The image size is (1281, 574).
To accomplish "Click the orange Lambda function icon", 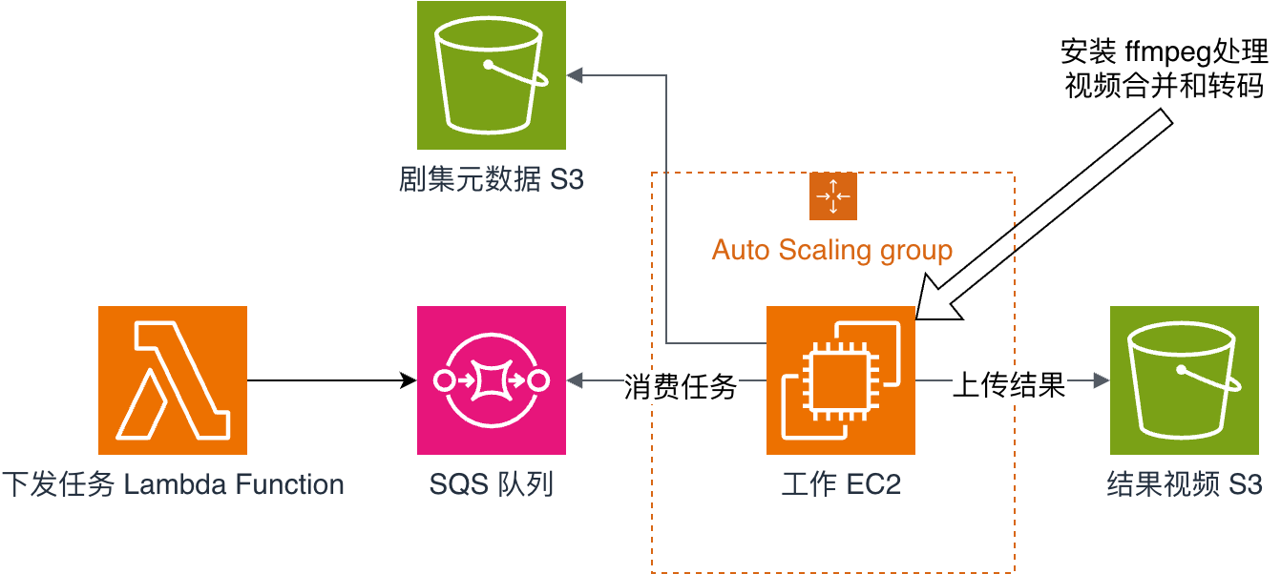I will coord(173,380).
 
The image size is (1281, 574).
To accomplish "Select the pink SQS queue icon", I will coord(492,380).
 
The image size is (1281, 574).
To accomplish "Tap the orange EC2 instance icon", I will coord(841,380).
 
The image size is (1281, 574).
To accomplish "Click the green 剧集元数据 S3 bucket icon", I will coord(492,75).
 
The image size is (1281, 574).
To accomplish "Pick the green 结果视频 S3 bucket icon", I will coord(1185,380).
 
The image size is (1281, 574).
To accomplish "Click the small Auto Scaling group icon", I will coord(833,196).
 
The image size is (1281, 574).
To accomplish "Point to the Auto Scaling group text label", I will coord(832,251).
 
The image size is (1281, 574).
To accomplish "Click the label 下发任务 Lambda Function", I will coord(173,484).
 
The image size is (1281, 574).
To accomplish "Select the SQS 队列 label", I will coord(492,484).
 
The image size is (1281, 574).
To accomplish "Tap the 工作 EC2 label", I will coord(841,484).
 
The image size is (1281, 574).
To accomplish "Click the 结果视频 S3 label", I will coord(1185,484).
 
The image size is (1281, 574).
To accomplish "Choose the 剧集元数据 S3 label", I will coord(492,179).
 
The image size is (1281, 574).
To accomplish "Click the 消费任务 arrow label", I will coord(681,385).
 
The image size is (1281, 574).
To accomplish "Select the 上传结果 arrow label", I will coord(1010,384).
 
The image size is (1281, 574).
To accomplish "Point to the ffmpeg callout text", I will coord(1165,68).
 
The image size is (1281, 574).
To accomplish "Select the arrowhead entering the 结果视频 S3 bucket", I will coord(1102,381).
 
